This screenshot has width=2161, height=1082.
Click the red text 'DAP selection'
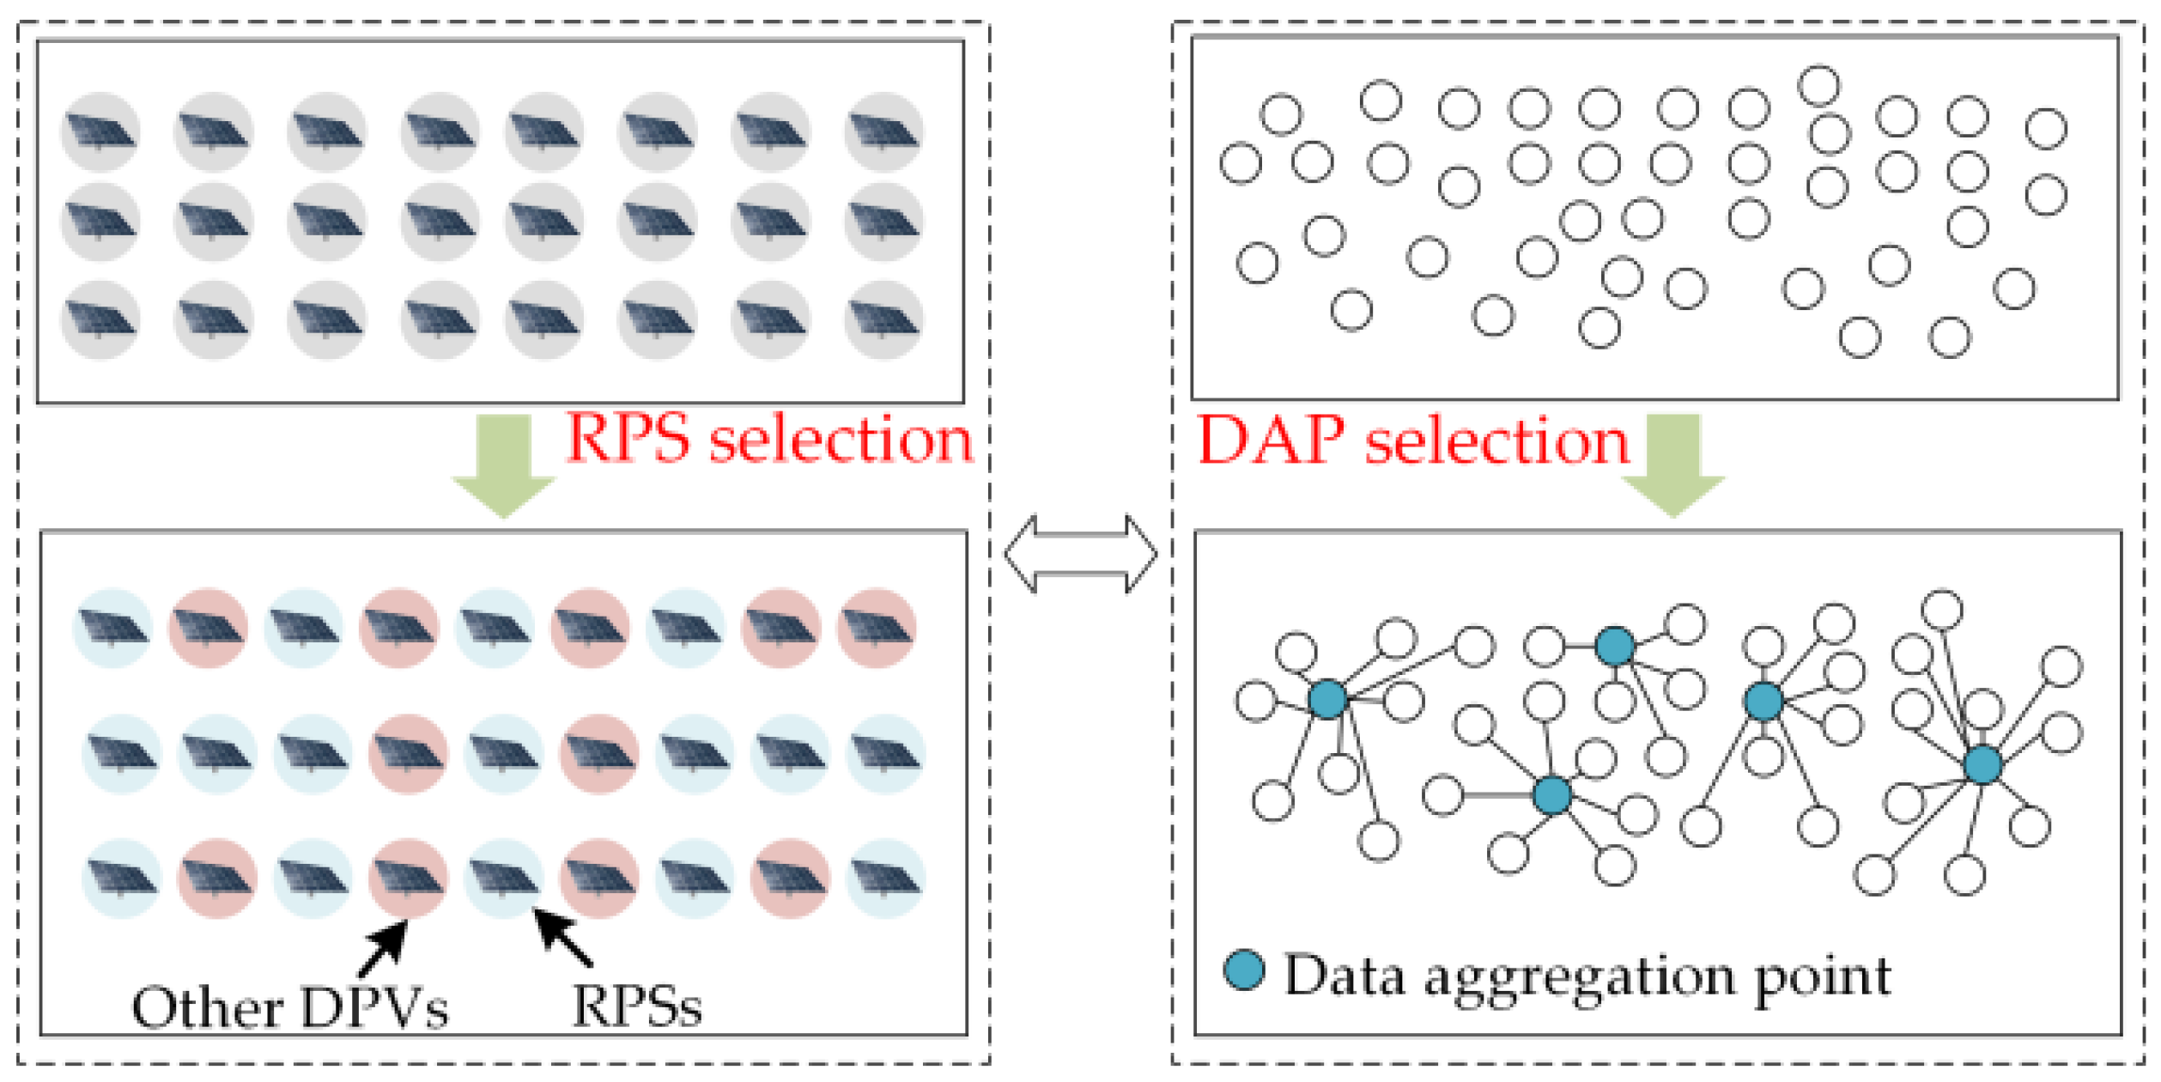click(x=1411, y=441)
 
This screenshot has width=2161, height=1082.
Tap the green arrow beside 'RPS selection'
click(x=504, y=465)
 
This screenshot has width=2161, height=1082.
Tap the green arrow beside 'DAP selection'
click(x=1672, y=465)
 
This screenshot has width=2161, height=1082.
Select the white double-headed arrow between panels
click(x=1080, y=555)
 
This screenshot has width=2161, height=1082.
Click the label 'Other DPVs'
click(x=289, y=1007)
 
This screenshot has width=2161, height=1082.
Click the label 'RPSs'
click(x=636, y=1006)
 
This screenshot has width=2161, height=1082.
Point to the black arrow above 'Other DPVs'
click(x=384, y=948)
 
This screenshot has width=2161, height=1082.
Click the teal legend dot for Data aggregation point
click(x=1243, y=971)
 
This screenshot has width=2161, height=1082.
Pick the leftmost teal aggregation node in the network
click(x=1327, y=699)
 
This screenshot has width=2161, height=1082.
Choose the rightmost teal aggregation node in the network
click(x=1982, y=764)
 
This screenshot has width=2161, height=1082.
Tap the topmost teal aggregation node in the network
click(x=1614, y=646)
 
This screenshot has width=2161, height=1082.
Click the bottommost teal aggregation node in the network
click(x=1552, y=795)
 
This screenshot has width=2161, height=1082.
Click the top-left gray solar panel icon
click(x=100, y=132)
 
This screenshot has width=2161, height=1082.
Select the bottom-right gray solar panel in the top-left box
click(x=883, y=319)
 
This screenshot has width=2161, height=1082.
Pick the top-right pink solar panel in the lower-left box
click(x=876, y=628)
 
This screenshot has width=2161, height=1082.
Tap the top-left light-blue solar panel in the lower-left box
click(x=112, y=628)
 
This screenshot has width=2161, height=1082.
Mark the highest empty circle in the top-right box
click(x=1818, y=85)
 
